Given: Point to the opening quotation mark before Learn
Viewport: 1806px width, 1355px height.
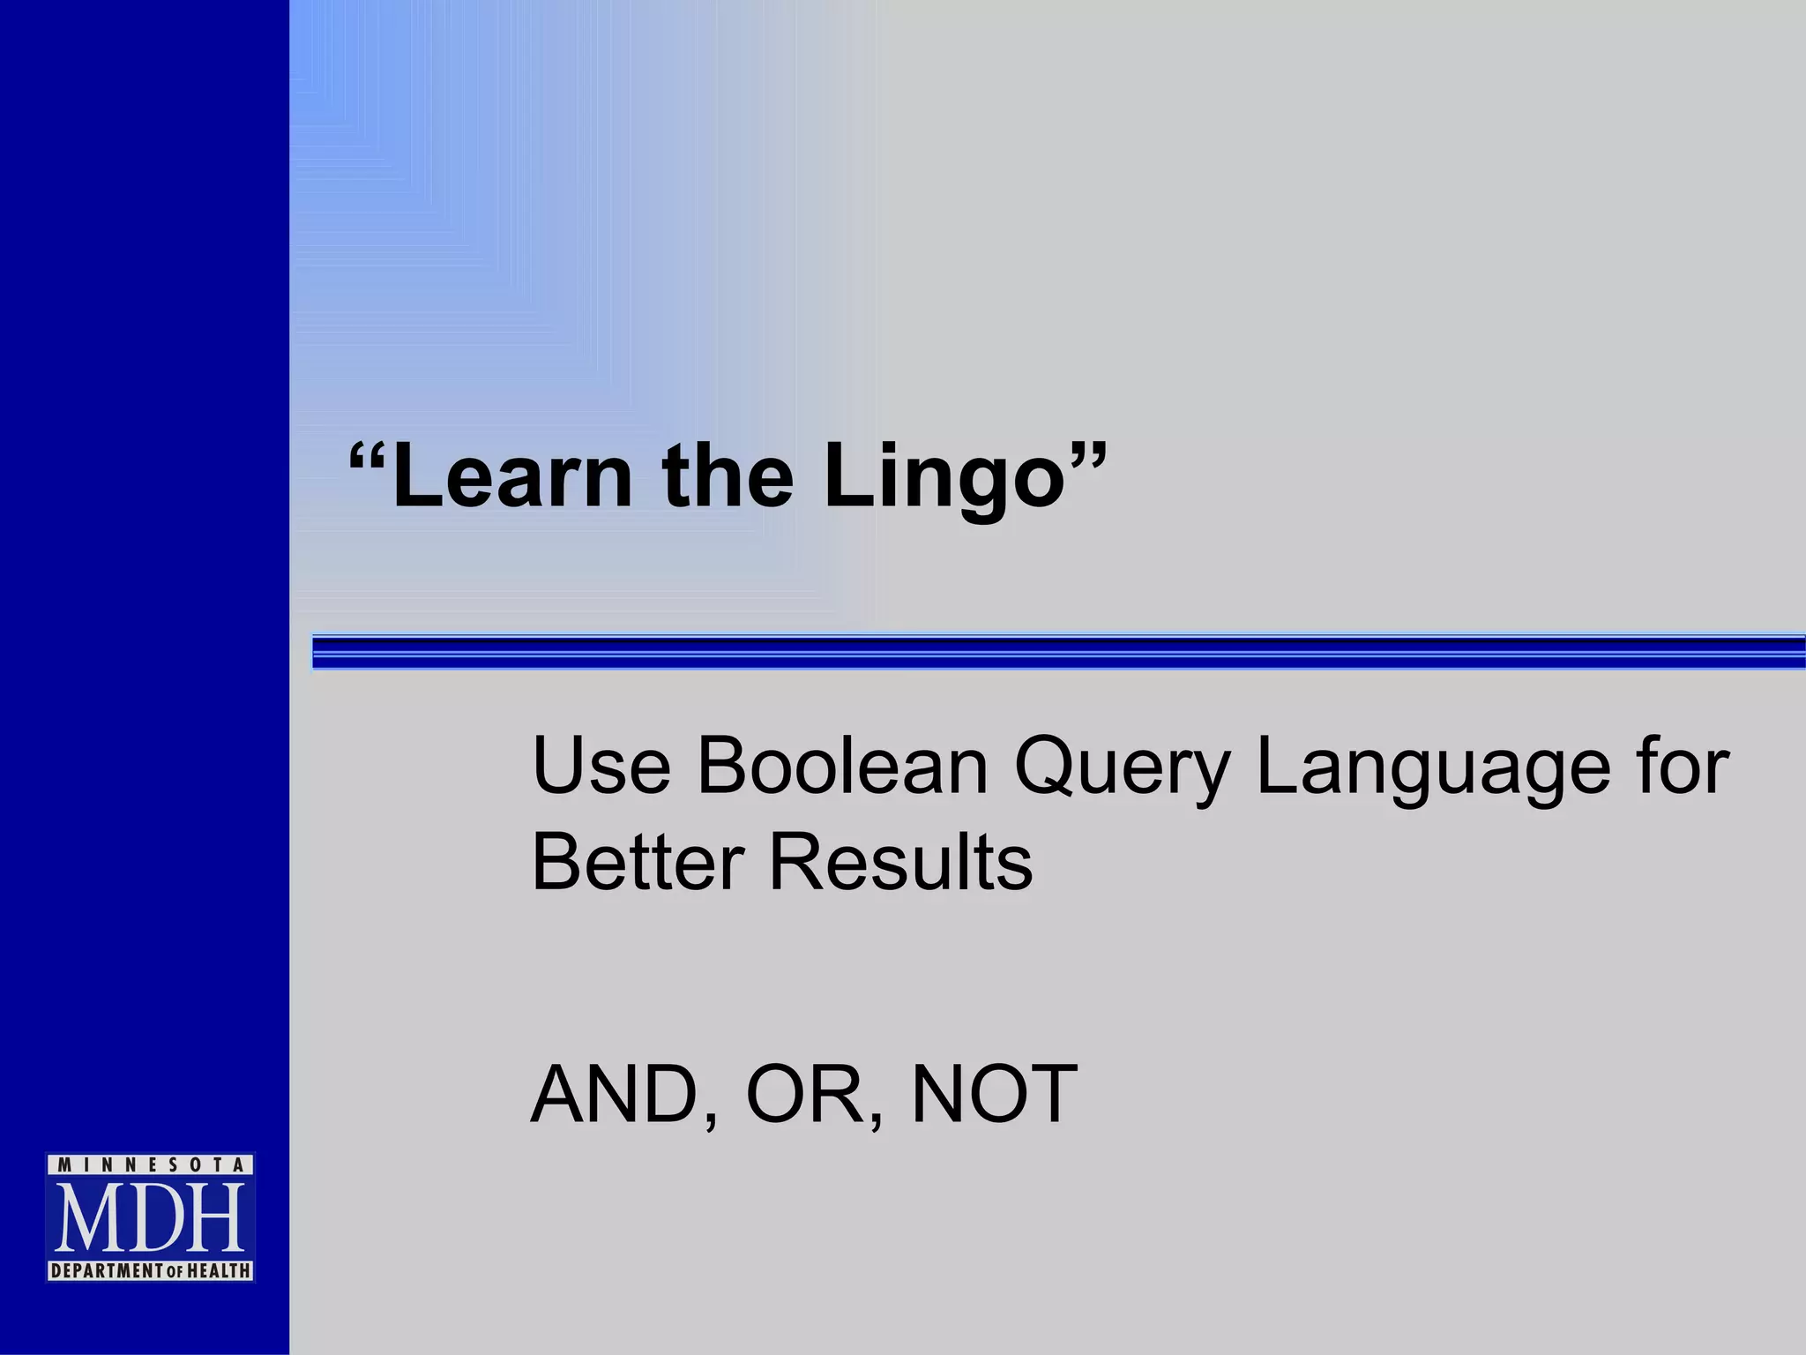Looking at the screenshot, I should (368, 459).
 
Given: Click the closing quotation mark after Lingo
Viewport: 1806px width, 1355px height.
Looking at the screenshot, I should (1086, 459).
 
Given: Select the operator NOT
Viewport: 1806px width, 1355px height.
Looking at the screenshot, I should (994, 1095).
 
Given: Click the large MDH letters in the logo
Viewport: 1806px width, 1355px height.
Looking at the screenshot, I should (150, 1219).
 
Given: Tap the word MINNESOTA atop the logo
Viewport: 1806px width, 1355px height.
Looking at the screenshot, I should (150, 1165).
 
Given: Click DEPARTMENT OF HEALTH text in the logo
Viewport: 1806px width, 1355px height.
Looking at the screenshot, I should (150, 1271).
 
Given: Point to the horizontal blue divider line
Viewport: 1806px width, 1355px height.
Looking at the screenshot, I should (1058, 652).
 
